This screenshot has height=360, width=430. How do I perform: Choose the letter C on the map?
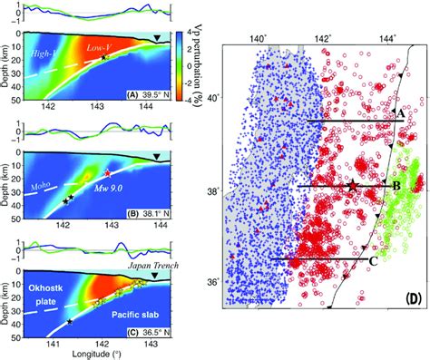(373, 260)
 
